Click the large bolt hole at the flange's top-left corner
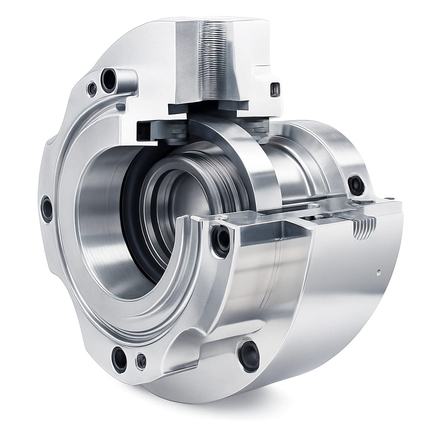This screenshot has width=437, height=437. pos(108,80)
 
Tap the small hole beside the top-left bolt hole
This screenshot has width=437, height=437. pos(92,89)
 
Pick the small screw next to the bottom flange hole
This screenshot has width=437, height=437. pos(141,361)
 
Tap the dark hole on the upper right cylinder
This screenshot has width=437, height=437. pos(356,185)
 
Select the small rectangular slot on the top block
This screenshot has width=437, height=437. pos(276,89)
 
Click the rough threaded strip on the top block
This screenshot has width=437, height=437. pos(212,60)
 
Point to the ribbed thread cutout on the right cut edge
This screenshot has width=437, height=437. pos(365,226)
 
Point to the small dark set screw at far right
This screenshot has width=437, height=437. pos(389,198)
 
